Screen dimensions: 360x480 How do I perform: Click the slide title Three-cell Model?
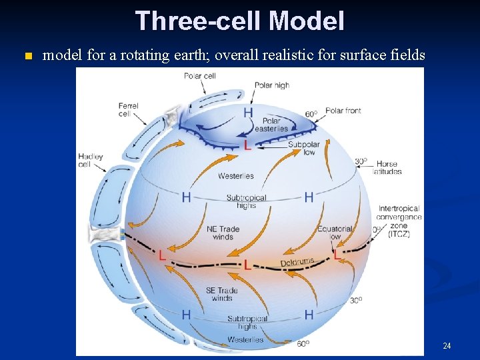[239, 21]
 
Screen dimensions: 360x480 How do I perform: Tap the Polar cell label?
[199, 76]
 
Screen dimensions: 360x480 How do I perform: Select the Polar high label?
[272, 85]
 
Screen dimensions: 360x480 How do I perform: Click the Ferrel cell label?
[128, 109]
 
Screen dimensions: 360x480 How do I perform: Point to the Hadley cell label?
[90, 160]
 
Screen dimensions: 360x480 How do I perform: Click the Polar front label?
[343, 111]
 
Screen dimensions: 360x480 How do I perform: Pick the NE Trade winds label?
[223, 233]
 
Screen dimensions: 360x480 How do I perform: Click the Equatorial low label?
[333, 233]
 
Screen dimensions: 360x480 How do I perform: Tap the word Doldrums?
[297, 263]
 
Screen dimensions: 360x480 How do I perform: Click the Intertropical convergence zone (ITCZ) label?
[399, 221]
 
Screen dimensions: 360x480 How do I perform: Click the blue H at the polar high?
[248, 112]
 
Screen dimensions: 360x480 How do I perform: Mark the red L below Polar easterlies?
[247, 145]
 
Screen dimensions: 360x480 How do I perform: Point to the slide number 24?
[447, 345]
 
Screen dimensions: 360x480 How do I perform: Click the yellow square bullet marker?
[27, 56]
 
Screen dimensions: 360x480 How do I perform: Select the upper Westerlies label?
[235, 176]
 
